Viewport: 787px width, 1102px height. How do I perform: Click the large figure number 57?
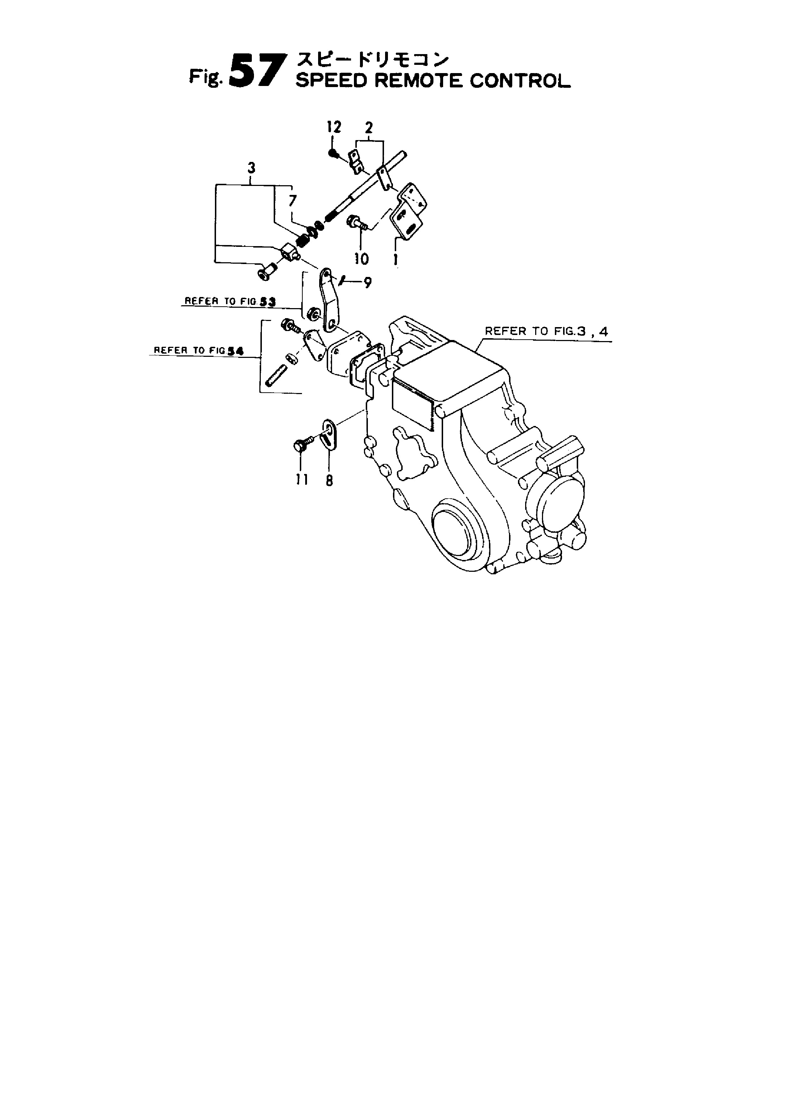point(254,71)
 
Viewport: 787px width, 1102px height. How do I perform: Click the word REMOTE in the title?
point(419,81)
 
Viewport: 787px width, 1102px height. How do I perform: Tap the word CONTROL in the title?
point(520,81)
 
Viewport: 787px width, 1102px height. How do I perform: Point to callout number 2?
point(369,128)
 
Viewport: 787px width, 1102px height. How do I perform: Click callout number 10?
point(361,259)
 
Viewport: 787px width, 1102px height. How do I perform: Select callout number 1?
point(396,259)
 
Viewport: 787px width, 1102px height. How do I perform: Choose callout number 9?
point(368,283)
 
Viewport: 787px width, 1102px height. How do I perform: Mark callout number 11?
point(302,479)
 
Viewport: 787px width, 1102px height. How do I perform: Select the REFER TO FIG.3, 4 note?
point(546,332)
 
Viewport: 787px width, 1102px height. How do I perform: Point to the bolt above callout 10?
point(357,223)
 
